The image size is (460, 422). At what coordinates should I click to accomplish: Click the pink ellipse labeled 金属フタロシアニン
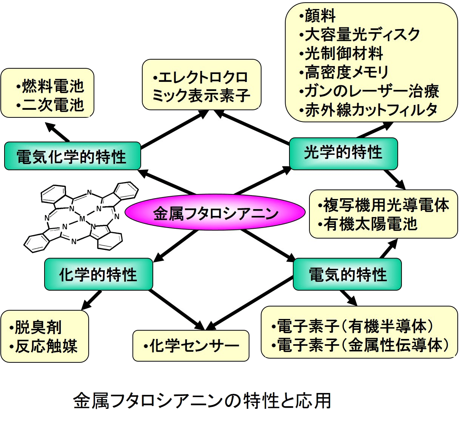(215, 213)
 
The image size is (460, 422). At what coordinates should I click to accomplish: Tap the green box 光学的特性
(343, 153)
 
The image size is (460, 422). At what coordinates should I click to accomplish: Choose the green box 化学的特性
(98, 274)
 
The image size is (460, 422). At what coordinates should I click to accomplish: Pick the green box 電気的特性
(347, 274)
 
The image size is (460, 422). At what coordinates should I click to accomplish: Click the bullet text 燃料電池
(51, 86)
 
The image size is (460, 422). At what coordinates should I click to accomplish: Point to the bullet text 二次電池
(51, 105)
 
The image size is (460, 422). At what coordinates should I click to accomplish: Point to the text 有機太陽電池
(368, 224)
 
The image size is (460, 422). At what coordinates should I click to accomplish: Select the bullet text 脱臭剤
(35, 327)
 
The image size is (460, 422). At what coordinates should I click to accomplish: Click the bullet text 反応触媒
(43, 346)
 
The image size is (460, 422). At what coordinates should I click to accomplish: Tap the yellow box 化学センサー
(191, 345)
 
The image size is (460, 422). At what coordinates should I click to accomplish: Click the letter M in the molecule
(82, 219)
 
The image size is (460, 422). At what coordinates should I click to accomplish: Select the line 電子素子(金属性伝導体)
(360, 345)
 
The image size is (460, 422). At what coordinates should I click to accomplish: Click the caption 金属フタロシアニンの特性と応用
(202, 400)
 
